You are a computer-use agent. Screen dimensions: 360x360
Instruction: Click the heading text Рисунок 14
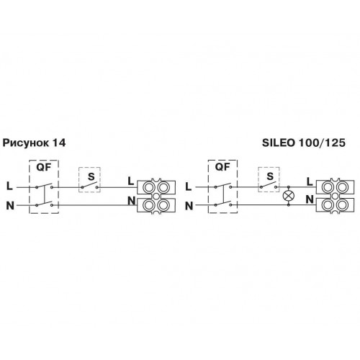[34, 143]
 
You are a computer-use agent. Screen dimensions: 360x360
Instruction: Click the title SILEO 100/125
[304, 143]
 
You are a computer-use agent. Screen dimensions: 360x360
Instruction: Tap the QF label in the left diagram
[44, 167]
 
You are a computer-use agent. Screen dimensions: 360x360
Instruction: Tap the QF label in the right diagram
[222, 167]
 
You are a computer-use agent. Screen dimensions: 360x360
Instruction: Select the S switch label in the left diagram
[91, 176]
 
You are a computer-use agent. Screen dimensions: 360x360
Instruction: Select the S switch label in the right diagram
[270, 176]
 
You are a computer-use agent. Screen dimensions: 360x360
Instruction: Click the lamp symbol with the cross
[289, 196]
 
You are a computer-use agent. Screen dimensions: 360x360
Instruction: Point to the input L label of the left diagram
[9, 186]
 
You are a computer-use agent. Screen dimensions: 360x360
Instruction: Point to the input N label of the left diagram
[10, 206]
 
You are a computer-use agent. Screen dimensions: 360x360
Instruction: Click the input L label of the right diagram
[189, 186]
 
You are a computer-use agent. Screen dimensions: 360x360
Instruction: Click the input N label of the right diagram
[189, 206]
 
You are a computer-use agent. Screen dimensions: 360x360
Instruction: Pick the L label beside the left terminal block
[131, 181]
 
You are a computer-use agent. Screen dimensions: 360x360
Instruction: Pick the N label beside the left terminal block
[132, 201]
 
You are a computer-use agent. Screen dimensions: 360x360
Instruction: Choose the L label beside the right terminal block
[310, 182]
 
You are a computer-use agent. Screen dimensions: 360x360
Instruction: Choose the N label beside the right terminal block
[310, 199]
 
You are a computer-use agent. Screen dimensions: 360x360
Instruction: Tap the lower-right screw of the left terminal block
[163, 204]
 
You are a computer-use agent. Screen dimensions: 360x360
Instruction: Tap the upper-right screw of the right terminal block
[342, 187]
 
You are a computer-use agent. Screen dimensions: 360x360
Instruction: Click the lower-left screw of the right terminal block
[328, 204]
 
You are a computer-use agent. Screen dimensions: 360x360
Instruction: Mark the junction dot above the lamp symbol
[289, 186]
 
